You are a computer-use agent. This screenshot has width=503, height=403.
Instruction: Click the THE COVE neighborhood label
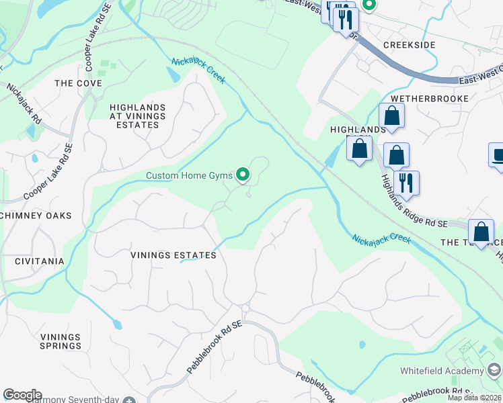(78, 83)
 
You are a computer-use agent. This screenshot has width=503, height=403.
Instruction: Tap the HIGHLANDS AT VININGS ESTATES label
(137, 116)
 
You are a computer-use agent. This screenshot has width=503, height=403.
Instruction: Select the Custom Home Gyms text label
(189, 176)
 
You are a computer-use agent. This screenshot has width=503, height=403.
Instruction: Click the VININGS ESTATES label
(173, 255)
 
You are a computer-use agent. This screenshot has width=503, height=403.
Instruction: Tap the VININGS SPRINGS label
(61, 341)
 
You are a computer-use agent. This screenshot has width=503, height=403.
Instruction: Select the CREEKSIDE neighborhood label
(409, 45)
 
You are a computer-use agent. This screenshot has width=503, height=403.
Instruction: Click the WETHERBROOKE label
(424, 98)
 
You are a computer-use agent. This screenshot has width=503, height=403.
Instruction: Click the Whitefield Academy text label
(442, 371)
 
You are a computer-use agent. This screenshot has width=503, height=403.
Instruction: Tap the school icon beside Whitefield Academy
(494, 371)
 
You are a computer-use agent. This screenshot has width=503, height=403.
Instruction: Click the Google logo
(22, 395)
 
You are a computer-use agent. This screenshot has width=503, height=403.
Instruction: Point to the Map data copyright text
(475, 398)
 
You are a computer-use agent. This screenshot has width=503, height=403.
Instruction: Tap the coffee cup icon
(497, 155)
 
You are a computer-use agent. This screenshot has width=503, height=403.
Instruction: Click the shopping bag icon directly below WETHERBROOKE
(391, 116)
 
